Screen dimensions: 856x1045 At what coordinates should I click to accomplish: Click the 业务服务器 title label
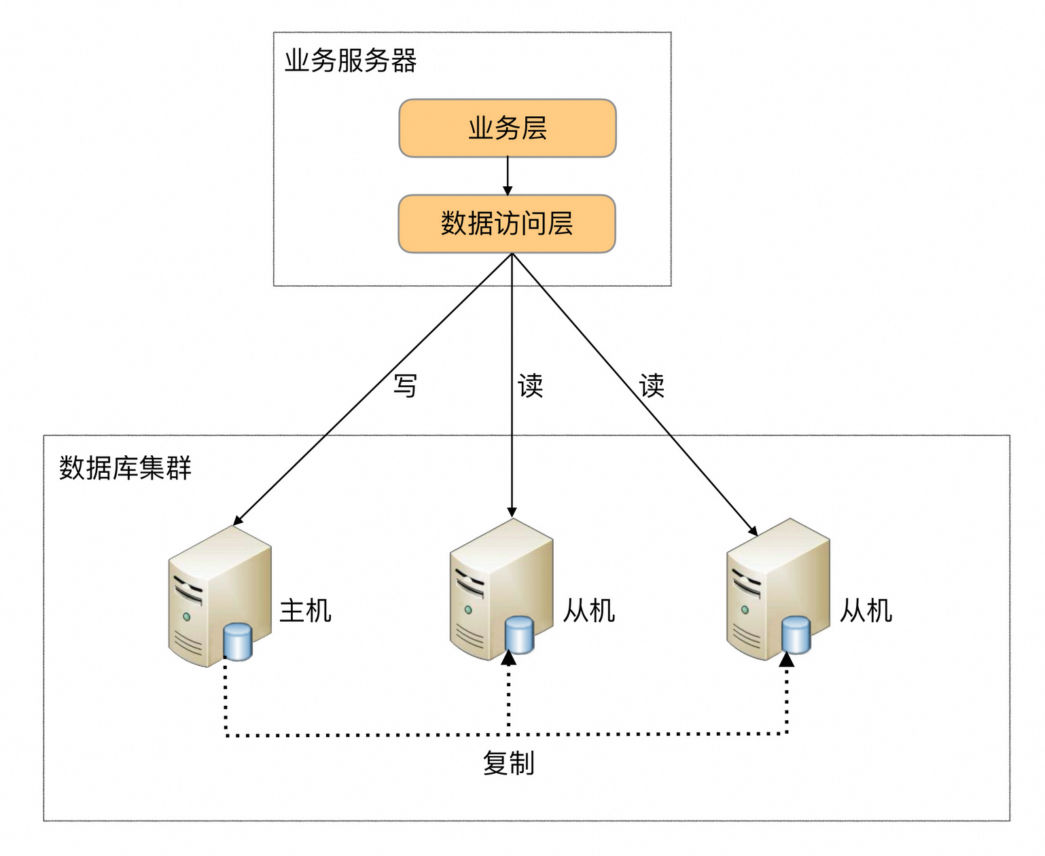tap(350, 61)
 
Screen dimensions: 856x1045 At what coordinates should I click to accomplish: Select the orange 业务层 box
tap(508, 128)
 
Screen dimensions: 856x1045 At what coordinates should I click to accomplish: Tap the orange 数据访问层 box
tap(507, 224)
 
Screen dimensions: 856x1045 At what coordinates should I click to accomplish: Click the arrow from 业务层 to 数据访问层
tap(508, 175)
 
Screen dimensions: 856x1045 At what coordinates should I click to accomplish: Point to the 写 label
tap(406, 386)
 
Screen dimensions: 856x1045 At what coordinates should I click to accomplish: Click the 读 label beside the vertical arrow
tap(531, 386)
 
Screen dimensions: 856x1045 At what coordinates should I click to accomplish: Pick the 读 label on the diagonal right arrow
tap(652, 386)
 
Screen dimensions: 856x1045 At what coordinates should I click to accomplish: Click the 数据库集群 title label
tap(125, 468)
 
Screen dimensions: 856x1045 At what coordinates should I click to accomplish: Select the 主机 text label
tap(305, 611)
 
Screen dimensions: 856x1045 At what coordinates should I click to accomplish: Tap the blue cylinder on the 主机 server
tap(238, 642)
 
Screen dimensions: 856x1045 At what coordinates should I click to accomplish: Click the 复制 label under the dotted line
tap(508, 764)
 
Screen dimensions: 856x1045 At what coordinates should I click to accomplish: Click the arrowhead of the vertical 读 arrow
tap(512, 512)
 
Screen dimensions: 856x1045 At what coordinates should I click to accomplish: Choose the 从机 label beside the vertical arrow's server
tap(588, 611)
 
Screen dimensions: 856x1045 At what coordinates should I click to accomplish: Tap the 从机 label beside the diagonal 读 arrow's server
tap(866, 611)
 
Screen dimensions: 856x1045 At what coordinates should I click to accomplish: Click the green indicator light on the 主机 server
tap(186, 617)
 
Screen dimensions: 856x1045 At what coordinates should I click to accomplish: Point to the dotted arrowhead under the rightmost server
tap(787, 659)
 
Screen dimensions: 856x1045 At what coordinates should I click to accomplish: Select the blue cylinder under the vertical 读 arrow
tap(520, 635)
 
